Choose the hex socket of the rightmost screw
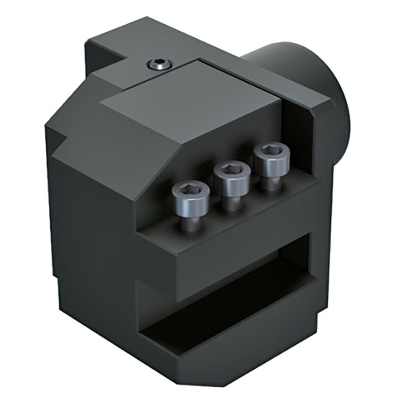270,150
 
